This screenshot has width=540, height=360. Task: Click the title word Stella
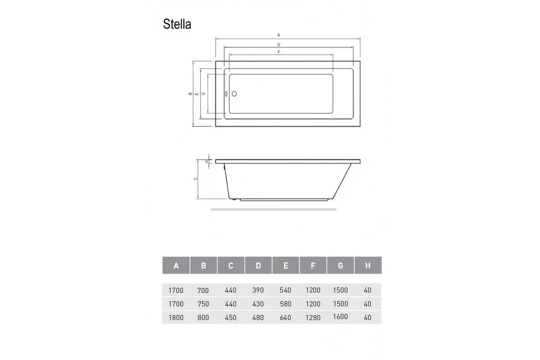pyautogui.click(x=177, y=24)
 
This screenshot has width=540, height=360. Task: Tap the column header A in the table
pyautogui.click(x=176, y=265)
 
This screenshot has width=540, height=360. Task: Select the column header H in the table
pyautogui.click(x=367, y=265)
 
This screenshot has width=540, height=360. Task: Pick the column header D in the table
pyautogui.click(x=258, y=265)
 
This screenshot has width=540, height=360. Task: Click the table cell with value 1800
pyautogui.click(x=175, y=317)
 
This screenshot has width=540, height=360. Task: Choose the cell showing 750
pyautogui.click(x=203, y=304)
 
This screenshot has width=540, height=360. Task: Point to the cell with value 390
pyautogui.click(x=258, y=290)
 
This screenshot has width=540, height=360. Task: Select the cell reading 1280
pyautogui.click(x=313, y=317)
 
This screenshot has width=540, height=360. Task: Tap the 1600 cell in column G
pyautogui.click(x=340, y=316)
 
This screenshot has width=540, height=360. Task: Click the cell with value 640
pyautogui.click(x=286, y=317)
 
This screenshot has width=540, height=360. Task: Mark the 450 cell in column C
pyautogui.click(x=230, y=317)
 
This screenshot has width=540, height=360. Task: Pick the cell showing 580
pyautogui.click(x=286, y=304)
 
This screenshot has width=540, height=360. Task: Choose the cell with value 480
pyautogui.click(x=258, y=317)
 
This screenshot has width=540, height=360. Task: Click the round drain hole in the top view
pyautogui.click(x=235, y=94)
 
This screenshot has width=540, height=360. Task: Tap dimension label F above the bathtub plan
pyautogui.click(x=279, y=52)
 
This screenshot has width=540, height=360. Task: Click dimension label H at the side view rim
pyautogui.click(x=206, y=161)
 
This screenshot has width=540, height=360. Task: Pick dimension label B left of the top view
pyautogui.click(x=190, y=94)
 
